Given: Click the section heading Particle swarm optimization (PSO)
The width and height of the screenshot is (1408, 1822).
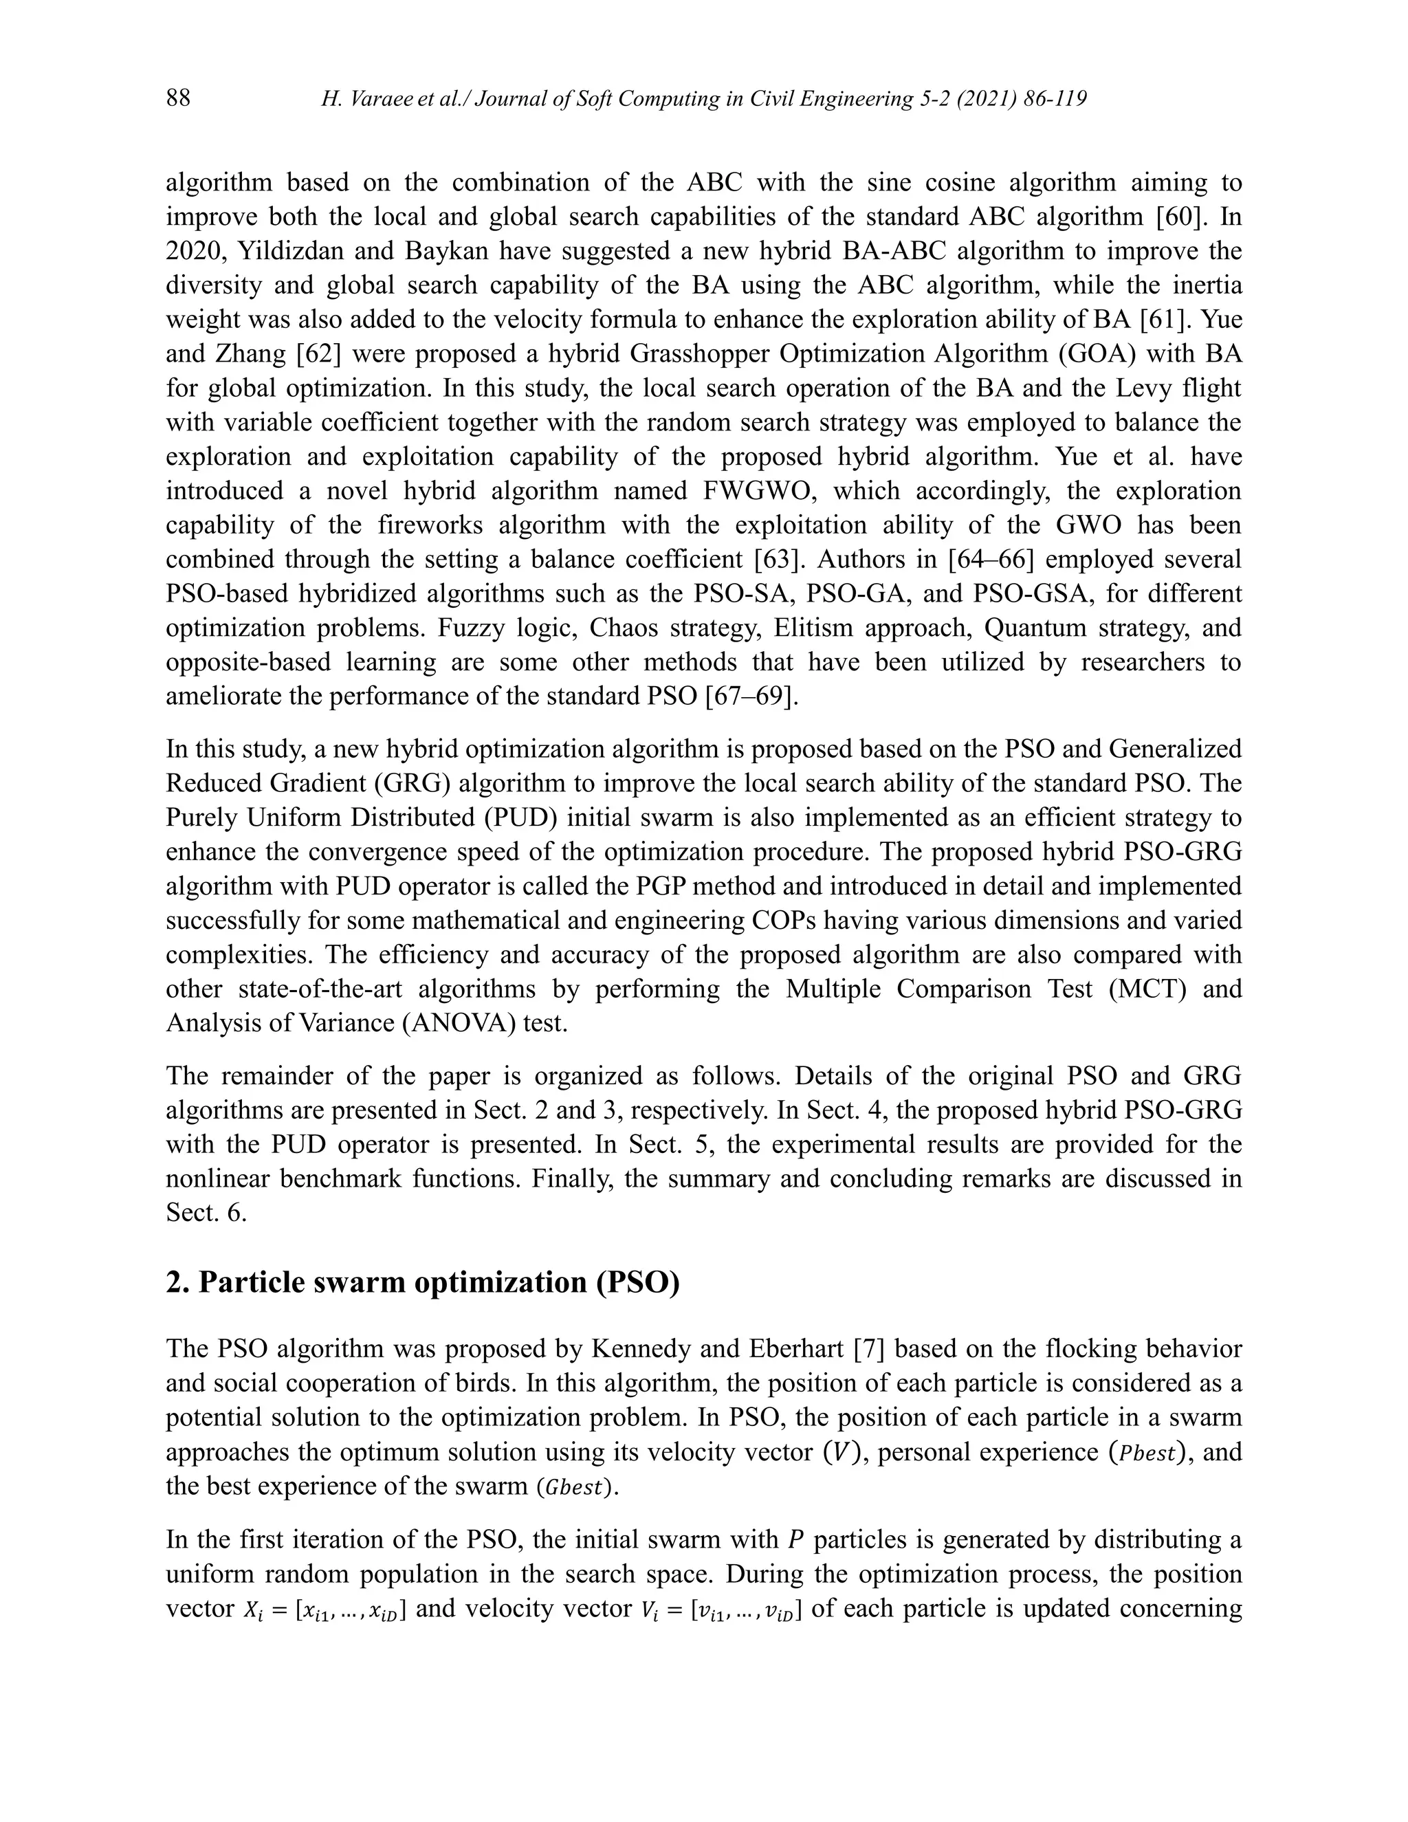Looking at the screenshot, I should pos(423,1282).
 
